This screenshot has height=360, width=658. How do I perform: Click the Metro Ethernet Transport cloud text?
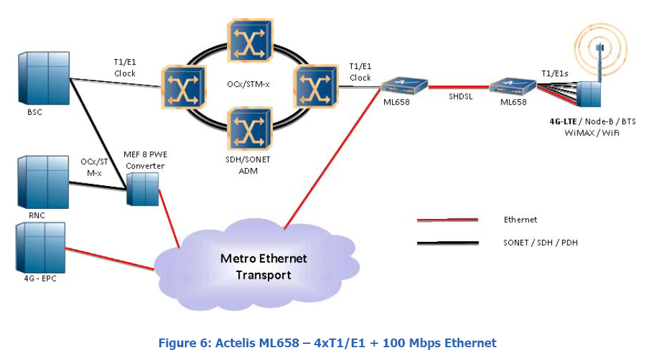point(263,267)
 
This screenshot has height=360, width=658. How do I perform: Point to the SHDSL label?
point(460,96)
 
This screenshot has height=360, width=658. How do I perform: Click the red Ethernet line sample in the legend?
point(447,220)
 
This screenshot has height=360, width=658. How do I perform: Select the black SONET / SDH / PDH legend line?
point(447,242)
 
